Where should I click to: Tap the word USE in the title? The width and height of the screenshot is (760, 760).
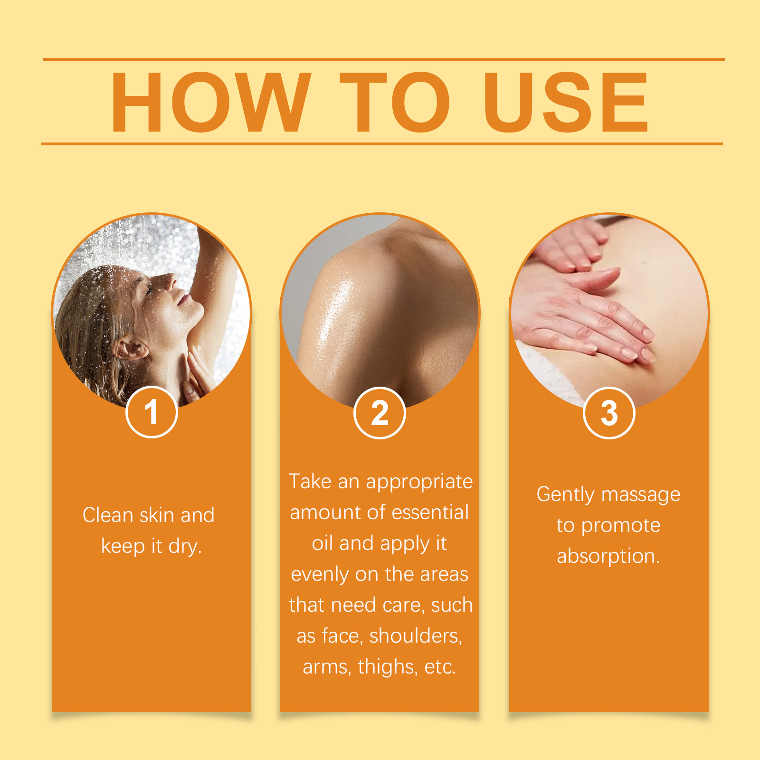(565, 102)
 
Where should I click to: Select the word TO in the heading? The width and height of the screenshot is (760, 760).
(395, 102)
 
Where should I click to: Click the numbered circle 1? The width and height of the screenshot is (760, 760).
(152, 412)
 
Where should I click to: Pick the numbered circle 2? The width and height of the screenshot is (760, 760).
(380, 413)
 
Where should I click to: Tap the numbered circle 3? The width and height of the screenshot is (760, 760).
(609, 413)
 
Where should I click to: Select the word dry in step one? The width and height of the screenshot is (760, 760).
(185, 546)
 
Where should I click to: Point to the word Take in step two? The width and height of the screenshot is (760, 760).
(310, 482)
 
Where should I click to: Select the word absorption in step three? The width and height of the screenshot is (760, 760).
(608, 556)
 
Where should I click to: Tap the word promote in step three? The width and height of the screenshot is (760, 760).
(621, 526)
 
